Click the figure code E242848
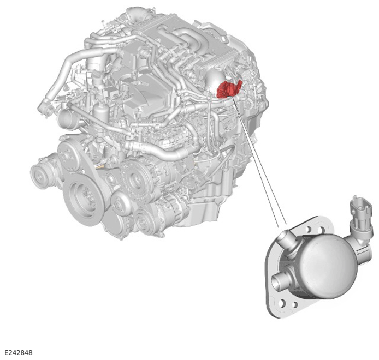18,352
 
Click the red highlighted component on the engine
229,89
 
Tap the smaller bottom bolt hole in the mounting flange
295,305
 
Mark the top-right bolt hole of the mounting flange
322,230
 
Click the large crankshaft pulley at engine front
82,195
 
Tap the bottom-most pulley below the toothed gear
145,220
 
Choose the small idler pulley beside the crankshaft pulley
119,204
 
